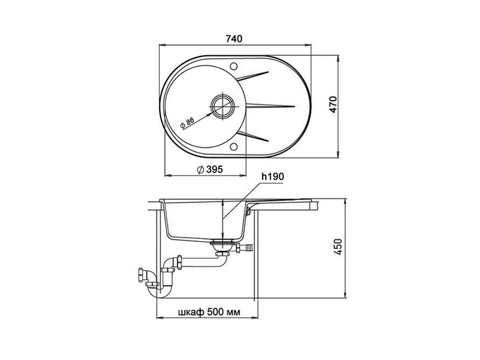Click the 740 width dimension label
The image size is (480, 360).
pos(234,39)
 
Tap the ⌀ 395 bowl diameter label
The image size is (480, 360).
pos(210,169)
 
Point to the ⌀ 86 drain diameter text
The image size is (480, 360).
pos(187,122)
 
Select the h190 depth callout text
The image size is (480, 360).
pos(273,177)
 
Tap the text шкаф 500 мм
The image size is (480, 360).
pos(209,312)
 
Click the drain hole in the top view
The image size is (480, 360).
pos(223,106)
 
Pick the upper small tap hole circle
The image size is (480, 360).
pos(234,66)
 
